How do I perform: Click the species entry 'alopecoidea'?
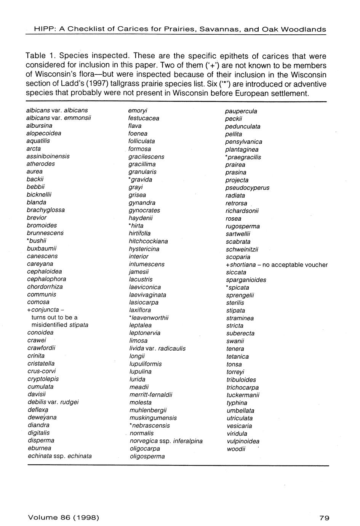(x=44, y=133)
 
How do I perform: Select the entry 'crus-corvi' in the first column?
(x=42, y=371)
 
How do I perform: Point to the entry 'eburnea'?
(x=39, y=448)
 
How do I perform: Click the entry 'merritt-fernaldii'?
(x=151, y=395)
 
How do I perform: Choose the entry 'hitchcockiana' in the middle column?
(x=148, y=241)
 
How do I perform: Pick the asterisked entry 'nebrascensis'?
(x=150, y=425)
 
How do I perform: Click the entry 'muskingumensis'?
(x=153, y=418)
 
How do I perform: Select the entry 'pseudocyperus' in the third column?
(x=247, y=188)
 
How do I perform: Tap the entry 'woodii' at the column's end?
(x=236, y=449)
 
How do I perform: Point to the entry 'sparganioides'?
(x=246, y=280)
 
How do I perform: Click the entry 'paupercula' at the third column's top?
(x=241, y=111)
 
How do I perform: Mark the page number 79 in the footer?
(x=325, y=518)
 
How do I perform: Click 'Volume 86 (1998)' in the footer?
(x=64, y=518)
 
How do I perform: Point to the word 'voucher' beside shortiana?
(x=316, y=265)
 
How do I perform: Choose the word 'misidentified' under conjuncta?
(x=48, y=325)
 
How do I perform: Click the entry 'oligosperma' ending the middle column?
(x=147, y=456)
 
